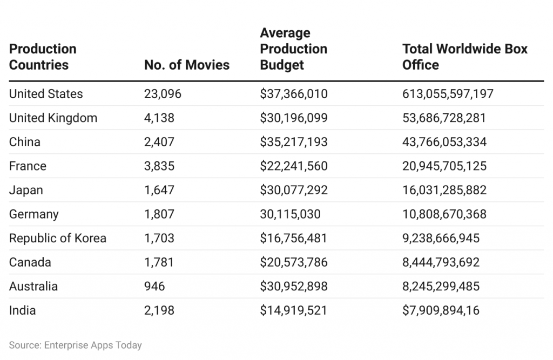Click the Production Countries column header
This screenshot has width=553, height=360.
point(43,57)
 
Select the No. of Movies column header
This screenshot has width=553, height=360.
point(187,65)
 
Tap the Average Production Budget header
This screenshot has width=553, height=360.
point(294,49)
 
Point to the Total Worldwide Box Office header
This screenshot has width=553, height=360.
point(464,57)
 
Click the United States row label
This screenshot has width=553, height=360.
point(46,94)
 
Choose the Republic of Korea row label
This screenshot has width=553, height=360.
point(58,238)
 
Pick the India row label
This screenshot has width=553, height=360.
point(23,310)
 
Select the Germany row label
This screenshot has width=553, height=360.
point(33,214)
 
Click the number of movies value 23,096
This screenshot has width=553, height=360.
point(163,94)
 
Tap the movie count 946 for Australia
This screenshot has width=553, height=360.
point(154,286)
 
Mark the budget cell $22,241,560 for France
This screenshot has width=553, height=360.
point(294,166)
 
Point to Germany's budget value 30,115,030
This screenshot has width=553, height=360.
point(290,214)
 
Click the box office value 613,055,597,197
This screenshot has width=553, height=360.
point(448,94)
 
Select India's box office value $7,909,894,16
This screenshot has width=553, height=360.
point(441,310)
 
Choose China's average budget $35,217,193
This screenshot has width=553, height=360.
point(294,142)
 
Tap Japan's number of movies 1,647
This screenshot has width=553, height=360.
point(159,190)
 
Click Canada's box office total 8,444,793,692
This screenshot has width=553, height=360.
point(441,262)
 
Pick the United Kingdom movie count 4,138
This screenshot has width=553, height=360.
point(159,118)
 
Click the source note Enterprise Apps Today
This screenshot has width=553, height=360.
point(75,345)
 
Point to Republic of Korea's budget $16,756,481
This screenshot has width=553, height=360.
point(294,238)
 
